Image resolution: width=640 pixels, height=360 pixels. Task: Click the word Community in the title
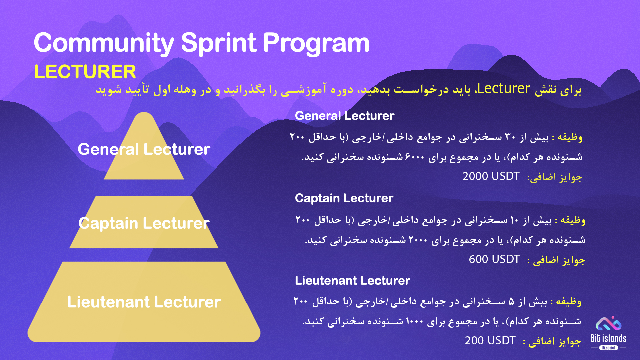pos(104,43)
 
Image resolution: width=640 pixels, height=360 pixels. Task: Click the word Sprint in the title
pos(219,44)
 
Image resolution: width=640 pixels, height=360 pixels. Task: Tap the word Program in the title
pos(316,44)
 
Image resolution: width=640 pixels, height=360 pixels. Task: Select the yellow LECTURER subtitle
pos(85,72)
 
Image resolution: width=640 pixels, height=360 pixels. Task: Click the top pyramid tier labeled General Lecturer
pos(144,157)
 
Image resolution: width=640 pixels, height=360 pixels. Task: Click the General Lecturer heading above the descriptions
pos(345,116)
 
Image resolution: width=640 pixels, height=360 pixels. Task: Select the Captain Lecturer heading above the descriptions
pos(344,198)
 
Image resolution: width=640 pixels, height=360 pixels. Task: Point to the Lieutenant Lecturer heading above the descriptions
pos(352,280)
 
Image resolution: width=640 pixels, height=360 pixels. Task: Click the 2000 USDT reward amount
pos(491,176)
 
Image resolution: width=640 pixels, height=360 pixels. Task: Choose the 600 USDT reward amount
pos(494,259)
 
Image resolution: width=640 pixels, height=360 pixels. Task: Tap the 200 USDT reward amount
pos(490,340)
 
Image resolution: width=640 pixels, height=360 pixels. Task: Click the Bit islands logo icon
pos(609,323)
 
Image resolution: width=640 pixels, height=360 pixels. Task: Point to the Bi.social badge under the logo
pos(609,348)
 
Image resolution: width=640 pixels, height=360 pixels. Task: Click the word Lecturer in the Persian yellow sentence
pos(504,89)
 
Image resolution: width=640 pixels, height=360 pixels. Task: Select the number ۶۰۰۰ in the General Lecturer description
pos(415,157)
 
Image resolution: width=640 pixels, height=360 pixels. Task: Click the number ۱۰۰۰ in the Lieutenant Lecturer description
pos(414,321)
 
